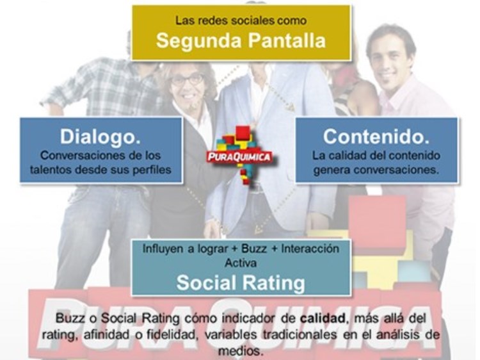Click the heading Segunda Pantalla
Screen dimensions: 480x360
click(x=241, y=41)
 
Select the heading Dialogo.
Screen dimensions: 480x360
click(x=100, y=136)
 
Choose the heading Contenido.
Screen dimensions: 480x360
click(x=376, y=136)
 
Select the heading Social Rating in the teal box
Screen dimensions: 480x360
click(x=241, y=282)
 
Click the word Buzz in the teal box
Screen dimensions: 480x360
click(x=254, y=249)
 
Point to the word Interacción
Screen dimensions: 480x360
click(x=310, y=249)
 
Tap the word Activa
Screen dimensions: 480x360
click(x=241, y=263)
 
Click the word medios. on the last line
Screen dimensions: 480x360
click(x=241, y=350)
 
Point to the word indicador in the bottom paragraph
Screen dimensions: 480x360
click(x=248, y=318)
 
